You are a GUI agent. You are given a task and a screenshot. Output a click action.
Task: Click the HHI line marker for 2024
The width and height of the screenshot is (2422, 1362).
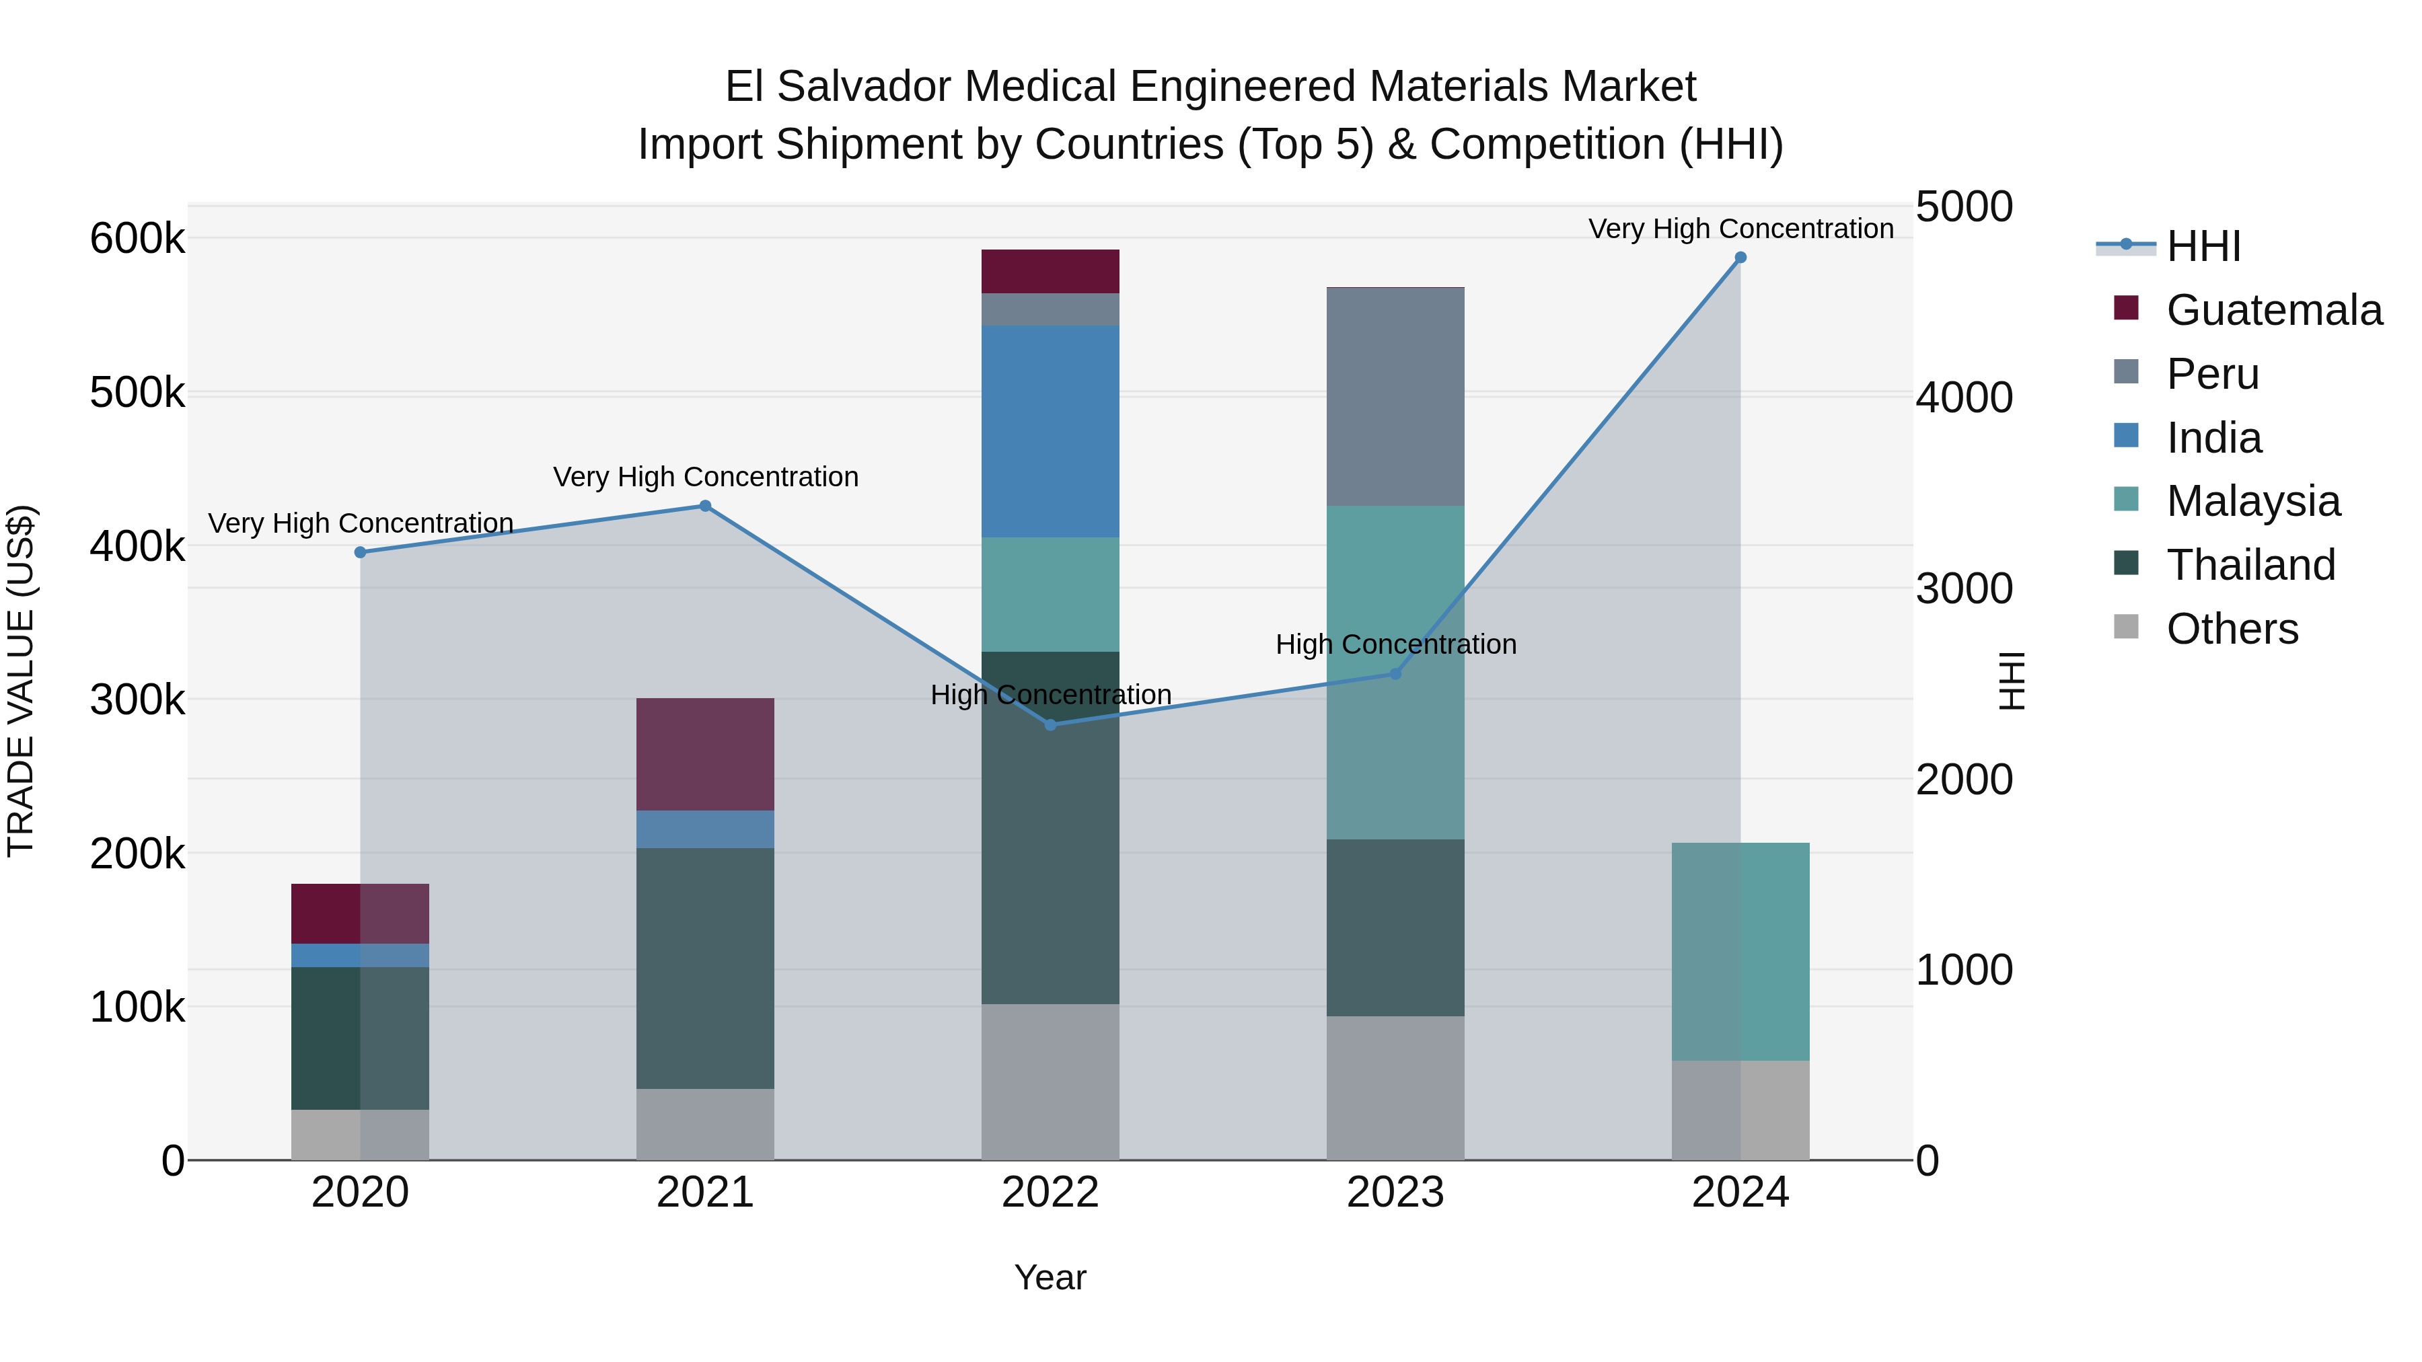1740,258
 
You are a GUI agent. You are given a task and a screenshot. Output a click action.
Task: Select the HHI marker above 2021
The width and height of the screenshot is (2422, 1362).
705,506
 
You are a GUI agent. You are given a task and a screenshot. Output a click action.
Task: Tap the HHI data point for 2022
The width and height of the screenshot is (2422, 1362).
1050,724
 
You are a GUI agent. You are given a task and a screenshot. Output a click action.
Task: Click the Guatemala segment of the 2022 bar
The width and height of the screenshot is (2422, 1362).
1050,272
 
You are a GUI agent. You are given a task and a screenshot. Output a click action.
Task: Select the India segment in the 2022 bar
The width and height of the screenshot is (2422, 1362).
1050,431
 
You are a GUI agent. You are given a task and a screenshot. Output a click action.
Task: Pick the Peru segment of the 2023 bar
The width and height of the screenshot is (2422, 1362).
1395,397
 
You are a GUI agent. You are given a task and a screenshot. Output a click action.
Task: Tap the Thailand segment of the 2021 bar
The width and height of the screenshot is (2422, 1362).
705,968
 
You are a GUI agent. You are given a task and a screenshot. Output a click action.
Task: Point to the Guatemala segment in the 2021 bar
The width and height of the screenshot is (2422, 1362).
705,754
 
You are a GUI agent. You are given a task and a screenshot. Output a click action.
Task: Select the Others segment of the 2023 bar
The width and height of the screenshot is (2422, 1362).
1395,1088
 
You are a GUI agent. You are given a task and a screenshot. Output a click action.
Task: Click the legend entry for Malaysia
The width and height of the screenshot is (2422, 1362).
2252,501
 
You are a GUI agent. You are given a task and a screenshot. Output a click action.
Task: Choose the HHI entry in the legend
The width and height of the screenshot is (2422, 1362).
2203,246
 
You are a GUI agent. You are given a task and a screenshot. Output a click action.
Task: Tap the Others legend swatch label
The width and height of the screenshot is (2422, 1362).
2232,629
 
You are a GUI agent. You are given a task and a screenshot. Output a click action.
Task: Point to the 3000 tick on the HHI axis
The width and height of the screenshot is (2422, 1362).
1964,589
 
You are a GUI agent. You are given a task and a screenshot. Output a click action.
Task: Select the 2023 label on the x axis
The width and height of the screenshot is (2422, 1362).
1395,1193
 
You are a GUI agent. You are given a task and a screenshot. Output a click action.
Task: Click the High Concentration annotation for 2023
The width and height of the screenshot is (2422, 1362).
1395,645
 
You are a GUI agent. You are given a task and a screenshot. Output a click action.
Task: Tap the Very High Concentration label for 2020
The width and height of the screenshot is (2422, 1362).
360,523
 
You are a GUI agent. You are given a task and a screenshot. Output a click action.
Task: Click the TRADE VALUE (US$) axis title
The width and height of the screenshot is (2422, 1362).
21,681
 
